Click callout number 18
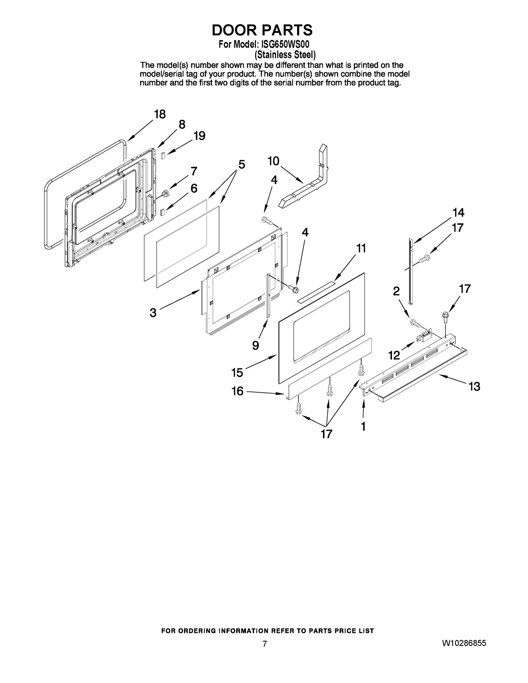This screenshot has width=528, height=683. (160, 114)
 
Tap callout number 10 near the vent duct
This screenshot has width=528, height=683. (273, 161)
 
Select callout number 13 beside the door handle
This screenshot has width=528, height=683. (474, 387)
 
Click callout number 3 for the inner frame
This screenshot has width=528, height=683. (153, 312)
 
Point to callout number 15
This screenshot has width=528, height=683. (237, 373)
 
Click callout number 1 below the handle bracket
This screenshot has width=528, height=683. (363, 426)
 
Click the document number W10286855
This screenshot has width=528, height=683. (464, 643)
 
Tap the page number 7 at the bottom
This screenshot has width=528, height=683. (265, 644)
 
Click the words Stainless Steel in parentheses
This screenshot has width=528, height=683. (285, 55)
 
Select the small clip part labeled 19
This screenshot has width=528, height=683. (163, 155)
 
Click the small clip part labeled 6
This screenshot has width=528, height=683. (162, 213)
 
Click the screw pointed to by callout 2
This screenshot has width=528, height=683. (415, 322)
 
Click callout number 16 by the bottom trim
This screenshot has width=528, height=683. (237, 391)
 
